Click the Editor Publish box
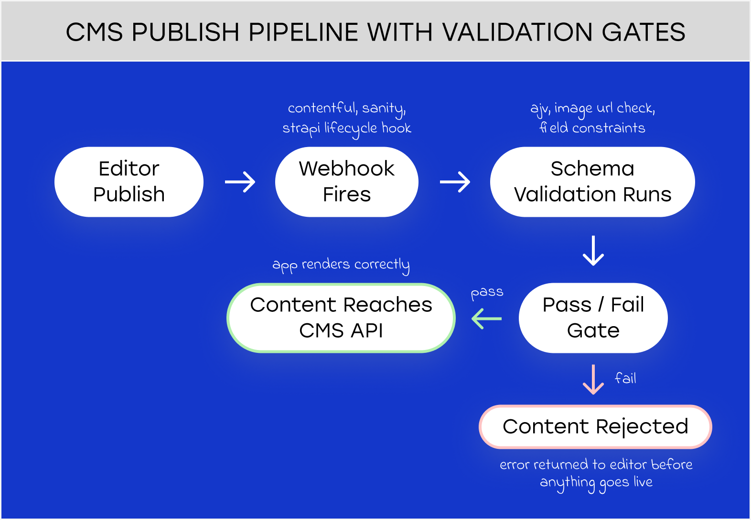(129, 182)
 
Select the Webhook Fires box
(347, 182)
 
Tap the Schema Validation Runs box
(592, 182)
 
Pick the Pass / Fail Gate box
(593, 318)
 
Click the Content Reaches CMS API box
(341, 318)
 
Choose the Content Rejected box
(595, 427)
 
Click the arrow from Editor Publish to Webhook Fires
(240, 182)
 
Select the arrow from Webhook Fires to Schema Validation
(455, 182)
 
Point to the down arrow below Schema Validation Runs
(593, 251)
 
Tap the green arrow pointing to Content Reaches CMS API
(486, 318)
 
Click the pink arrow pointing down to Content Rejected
(593, 380)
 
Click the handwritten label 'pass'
(487, 293)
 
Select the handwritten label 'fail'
(625, 378)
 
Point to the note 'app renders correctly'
(341, 265)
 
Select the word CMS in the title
(94, 32)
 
